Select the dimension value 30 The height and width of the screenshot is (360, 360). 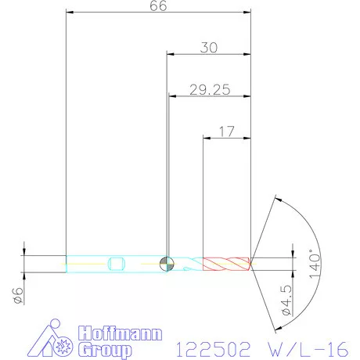point(209,47)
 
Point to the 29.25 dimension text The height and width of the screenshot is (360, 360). point(209,89)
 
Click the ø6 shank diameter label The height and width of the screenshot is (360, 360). point(16,295)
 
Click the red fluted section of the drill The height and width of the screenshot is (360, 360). point(225,263)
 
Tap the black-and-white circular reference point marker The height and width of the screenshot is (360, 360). point(166,264)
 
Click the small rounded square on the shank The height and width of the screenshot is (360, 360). point(117,263)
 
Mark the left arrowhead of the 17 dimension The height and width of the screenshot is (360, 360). point(206,137)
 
